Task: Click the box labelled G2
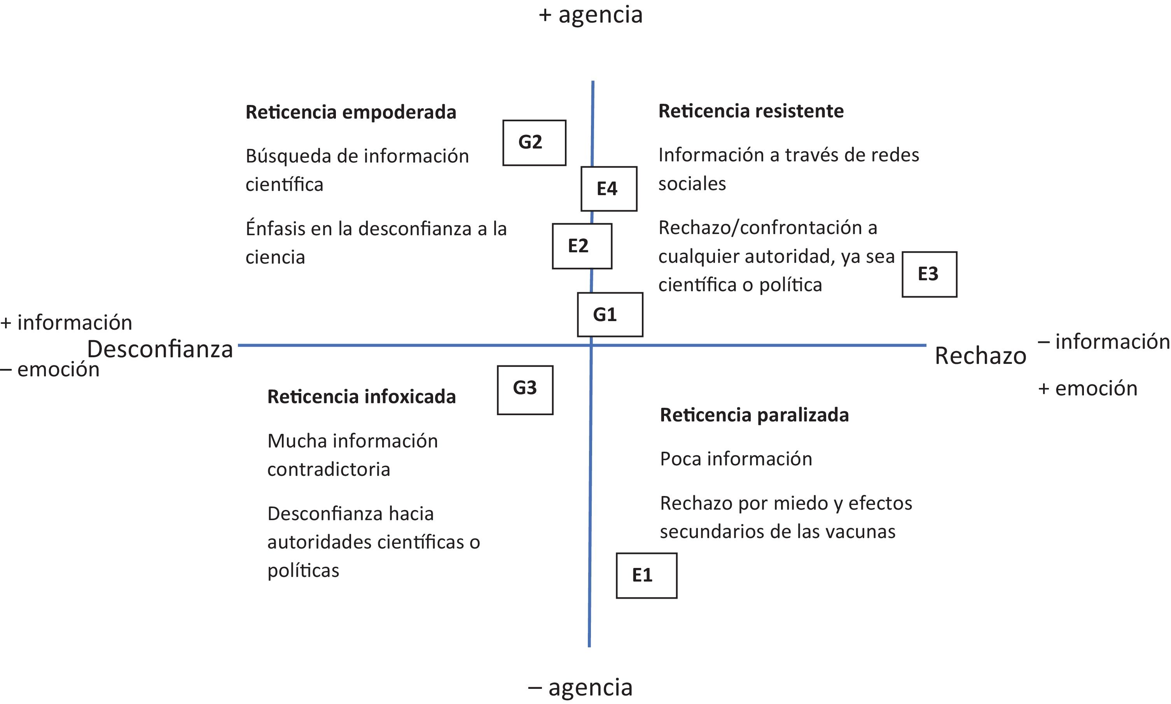click(x=534, y=142)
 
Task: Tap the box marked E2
click(x=582, y=246)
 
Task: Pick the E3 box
click(x=929, y=274)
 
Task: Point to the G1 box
click(x=610, y=314)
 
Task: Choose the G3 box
click(x=525, y=390)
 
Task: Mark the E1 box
click(x=646, y=575)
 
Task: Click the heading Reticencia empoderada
click(x=351, y=112)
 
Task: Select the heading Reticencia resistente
click(x=751, y=111)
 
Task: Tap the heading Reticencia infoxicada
click(x=361, y=397)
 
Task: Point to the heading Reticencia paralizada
click(x=754, y=415)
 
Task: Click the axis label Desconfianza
click(x=160, y=349)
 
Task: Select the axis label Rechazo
click(x=980, y=355)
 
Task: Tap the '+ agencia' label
click(x=590, y=15)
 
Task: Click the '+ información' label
click(x=66, y=323)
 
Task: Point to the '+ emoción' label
click(x=1087, y=388)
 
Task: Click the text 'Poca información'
click(x=736, y=459)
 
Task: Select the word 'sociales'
click(x=692, y=183)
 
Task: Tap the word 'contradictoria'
click(x=329, y=469)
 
